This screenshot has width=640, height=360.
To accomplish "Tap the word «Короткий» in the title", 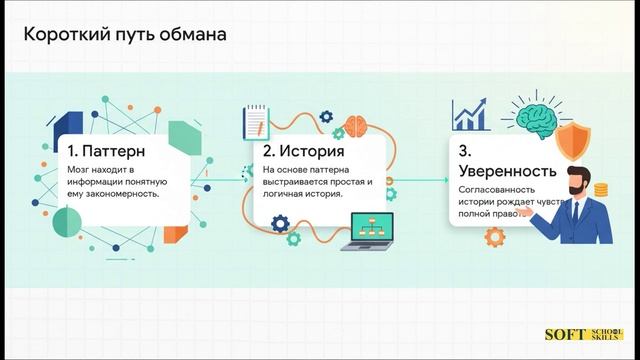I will [62, 34].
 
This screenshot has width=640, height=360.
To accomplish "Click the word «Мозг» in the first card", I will [79, 172].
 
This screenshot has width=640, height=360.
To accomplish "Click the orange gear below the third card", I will [494, 238].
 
